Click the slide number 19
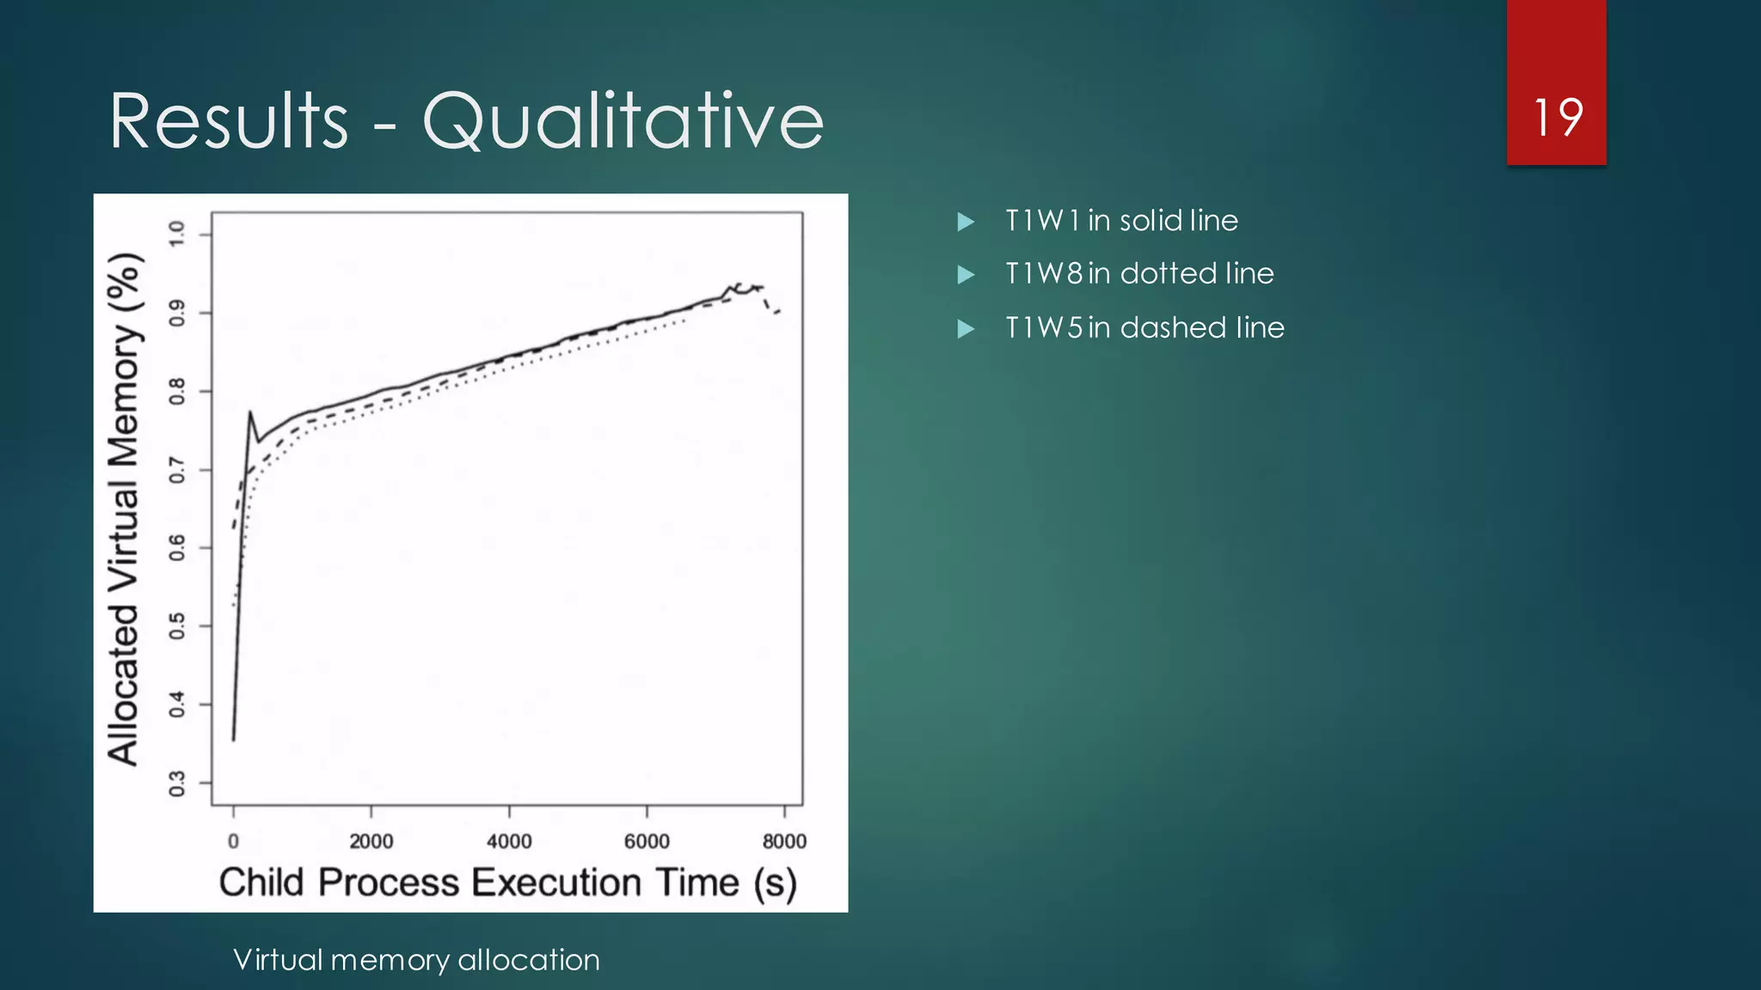point(1557,118)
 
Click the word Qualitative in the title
point(623,121)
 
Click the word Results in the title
point(229,121)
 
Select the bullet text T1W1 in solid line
point(1121,221)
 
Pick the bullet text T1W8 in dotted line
point(1139,273)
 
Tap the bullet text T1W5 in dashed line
point(1144,327)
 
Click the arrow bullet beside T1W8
point(966,275)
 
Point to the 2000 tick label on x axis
point(371,841)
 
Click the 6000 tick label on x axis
point(647,841)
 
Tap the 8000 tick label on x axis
point(784,841)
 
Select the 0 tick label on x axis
point(233,841)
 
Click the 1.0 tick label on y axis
point(177,234)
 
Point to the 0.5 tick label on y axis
point(177,626)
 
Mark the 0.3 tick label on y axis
point(177,783)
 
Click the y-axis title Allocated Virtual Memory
point(124,509)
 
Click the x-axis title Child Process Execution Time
point(507,883)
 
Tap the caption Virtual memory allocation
point(416,960)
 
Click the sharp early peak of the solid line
point(250,412)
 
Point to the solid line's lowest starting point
point(234,738)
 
